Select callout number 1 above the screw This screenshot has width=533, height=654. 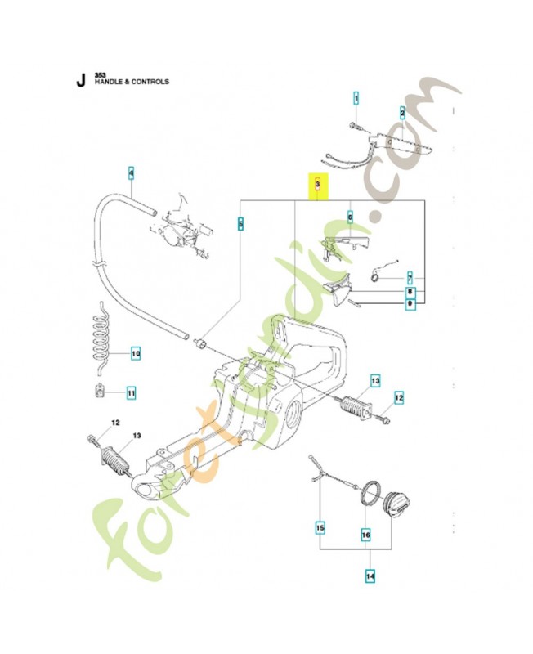click(356, 99)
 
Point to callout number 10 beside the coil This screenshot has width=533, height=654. click(136, 354)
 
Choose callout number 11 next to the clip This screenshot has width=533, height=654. click(131, 393)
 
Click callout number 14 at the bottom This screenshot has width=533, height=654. click(370, 577)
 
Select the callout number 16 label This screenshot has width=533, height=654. click(365, 535)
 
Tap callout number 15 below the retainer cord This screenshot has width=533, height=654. click(320, 527)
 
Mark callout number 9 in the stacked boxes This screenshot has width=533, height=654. click(410, 303)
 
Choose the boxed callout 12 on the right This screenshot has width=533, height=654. click(399, 398)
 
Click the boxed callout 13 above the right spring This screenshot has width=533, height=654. click(375, 381)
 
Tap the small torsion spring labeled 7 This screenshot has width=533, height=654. click(375, 275)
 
